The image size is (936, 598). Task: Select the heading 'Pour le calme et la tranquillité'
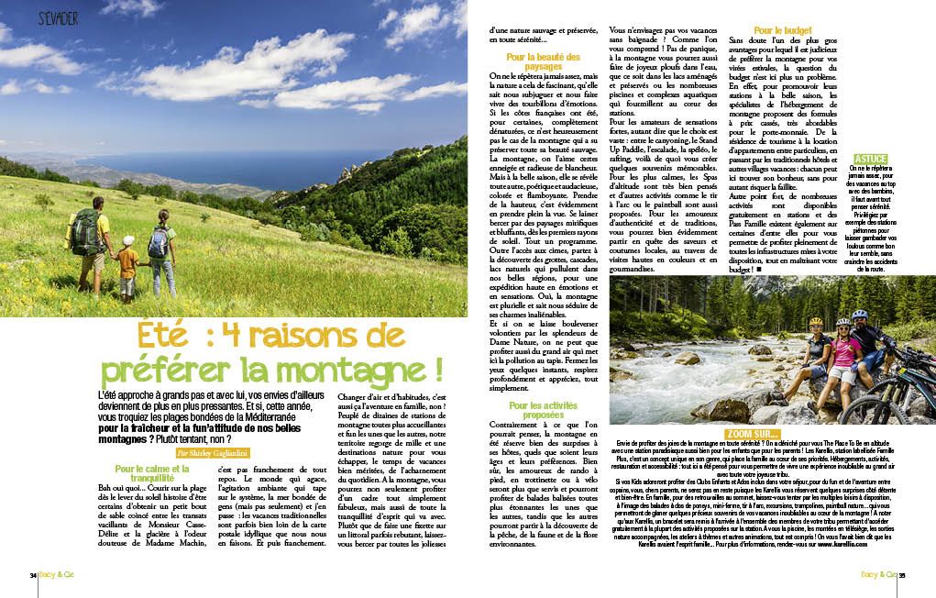[138, 473]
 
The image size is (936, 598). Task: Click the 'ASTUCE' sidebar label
[870, 160]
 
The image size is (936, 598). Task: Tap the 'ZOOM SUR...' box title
[752, 433]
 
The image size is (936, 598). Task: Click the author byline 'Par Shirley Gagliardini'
[217, 454]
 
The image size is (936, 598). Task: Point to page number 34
[32, 575]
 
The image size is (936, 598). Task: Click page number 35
[902, 575]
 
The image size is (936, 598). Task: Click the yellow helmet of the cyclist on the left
[815, 322]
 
